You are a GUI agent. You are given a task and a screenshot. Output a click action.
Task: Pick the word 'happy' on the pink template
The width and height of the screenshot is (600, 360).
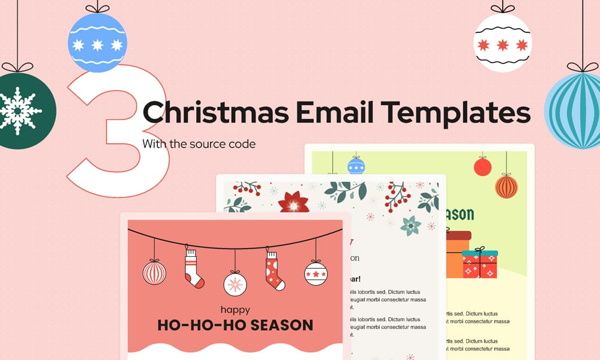tap(235, 310)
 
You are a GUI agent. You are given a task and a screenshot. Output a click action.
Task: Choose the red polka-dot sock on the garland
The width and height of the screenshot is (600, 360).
tap(273, 271)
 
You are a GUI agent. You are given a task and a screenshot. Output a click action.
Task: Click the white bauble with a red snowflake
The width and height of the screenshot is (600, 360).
tap(235, 283)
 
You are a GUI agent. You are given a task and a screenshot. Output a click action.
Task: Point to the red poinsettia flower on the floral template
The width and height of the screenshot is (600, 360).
tap(295, 202)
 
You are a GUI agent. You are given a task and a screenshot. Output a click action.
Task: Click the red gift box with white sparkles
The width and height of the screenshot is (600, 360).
tap(480, 265)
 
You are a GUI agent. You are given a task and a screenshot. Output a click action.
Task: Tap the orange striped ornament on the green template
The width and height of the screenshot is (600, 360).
tap(506, 186)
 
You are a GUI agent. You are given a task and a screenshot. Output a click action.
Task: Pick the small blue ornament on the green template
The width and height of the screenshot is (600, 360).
tap(356, 166)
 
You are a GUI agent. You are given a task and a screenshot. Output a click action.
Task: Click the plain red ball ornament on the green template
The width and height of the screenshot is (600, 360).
tap(482, 167)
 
